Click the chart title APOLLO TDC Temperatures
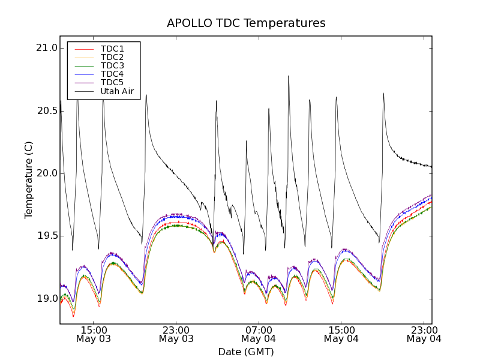(246, 23)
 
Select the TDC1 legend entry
(112, 49)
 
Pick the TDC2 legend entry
(112, 57)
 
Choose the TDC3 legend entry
(112, 65)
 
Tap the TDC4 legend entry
(112, 74)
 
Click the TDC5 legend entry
(112, 83)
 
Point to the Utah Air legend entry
(117, 92)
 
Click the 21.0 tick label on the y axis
(47, 48)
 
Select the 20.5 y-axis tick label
(47, 111)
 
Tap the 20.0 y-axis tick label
(47, 173)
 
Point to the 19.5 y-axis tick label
(47, 236)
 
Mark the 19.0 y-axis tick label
(47, 298)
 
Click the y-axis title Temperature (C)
(29, 180)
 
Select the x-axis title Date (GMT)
(246, 352)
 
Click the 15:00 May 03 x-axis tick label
(94, 334)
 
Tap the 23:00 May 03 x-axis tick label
(176, 334)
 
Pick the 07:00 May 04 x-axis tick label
(259, 334)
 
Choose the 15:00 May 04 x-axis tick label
(341, 334)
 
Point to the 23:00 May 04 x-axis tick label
(424, 334)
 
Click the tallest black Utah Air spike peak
(289, 76)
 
